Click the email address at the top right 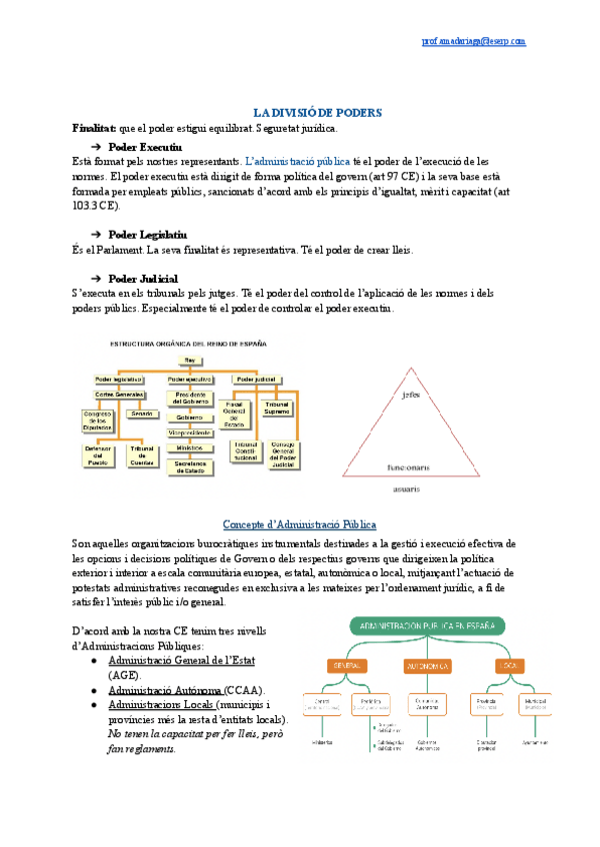coord(474,41)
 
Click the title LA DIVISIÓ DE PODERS coord(317,114)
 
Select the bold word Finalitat coord(94,129)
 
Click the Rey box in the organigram coord(188,359)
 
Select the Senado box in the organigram coord(142,414)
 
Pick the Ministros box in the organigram coord(189,448)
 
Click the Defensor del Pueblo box coord(99,456)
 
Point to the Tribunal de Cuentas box coord(141,456)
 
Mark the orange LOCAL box coord(510,664)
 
